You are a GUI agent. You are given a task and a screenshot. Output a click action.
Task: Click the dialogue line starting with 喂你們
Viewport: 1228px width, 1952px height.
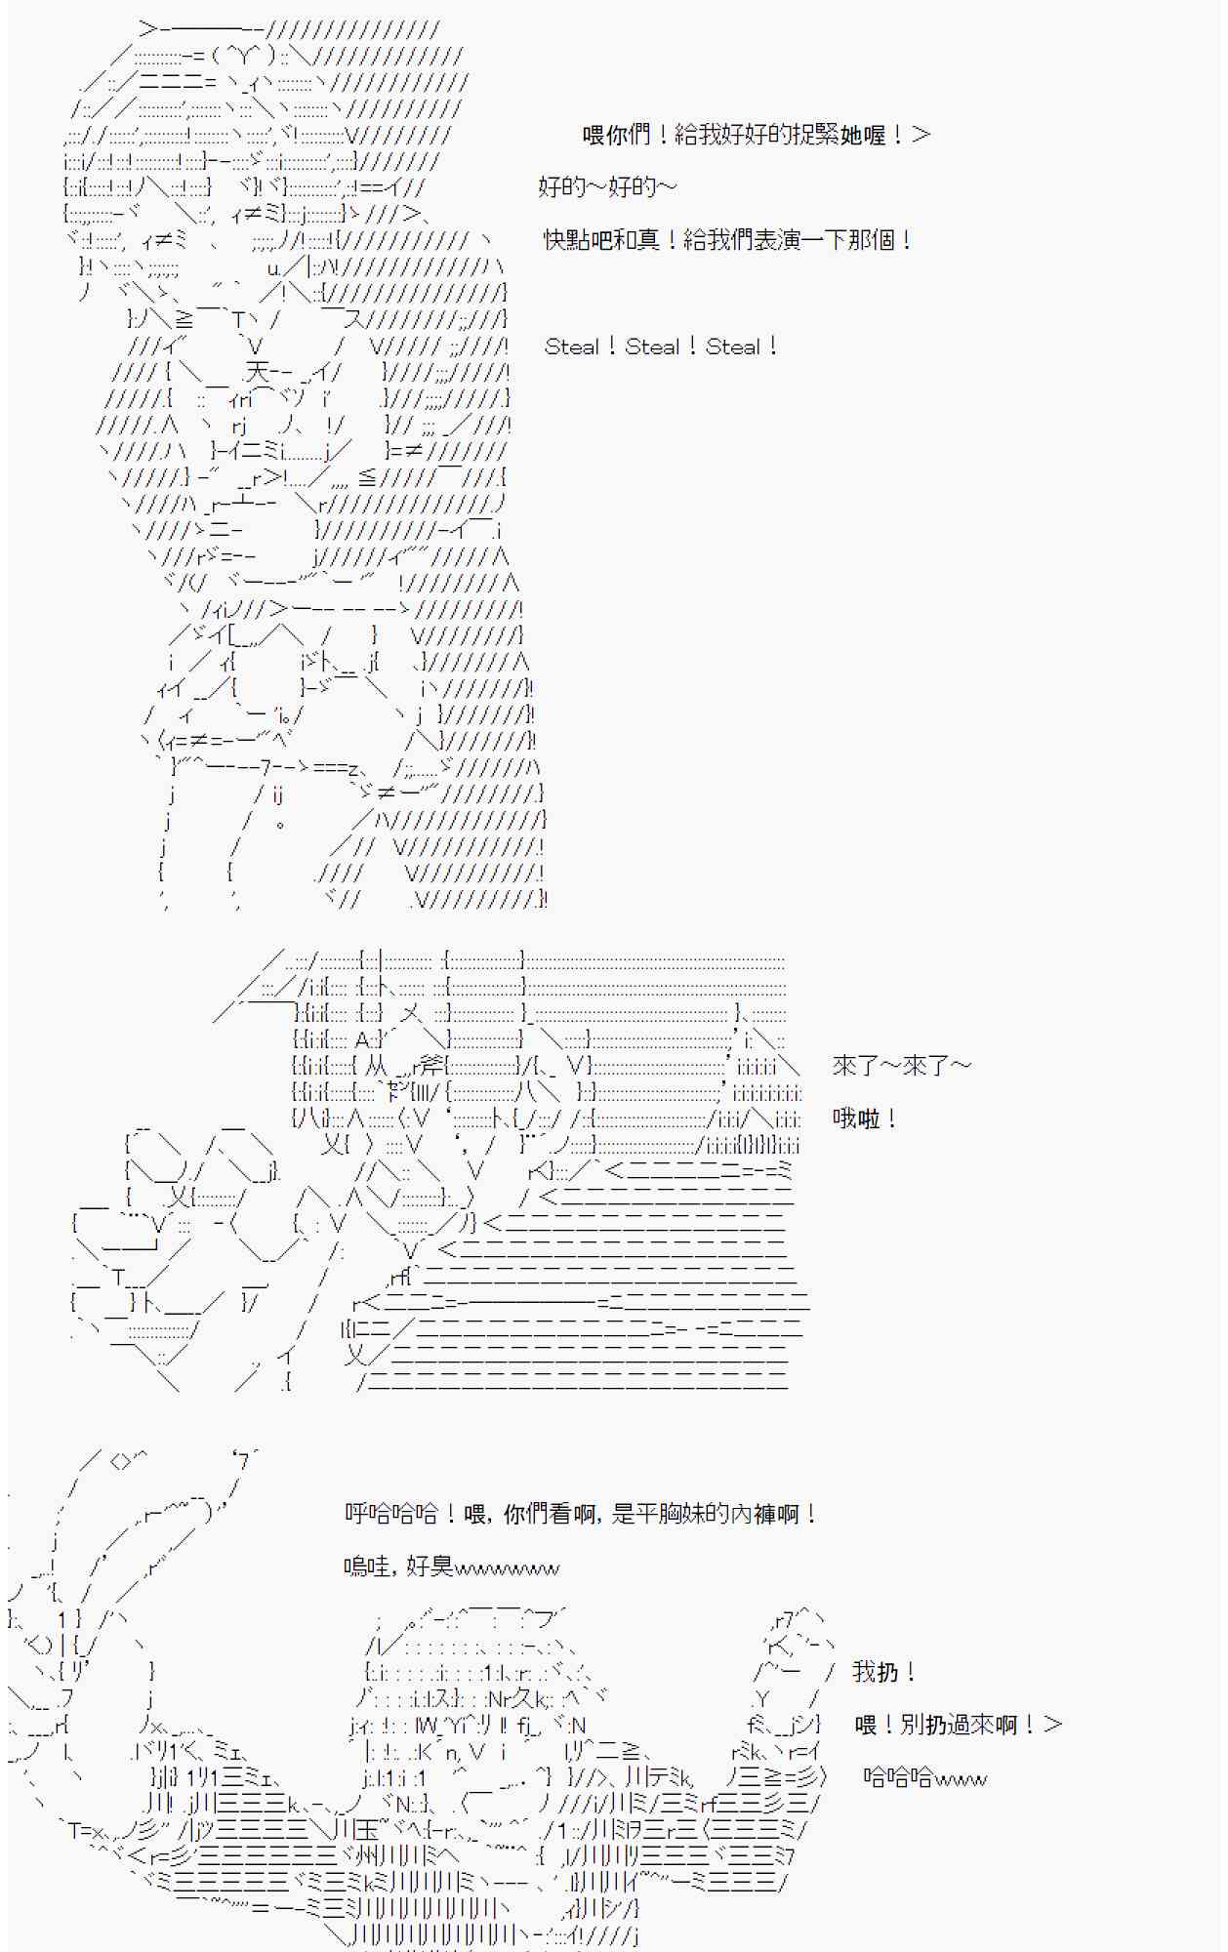(x=756, y=135)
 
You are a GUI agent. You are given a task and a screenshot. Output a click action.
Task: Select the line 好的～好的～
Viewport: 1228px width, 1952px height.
(x=606, y=186)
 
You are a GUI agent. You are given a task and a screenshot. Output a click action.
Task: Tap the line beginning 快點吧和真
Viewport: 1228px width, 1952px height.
(x=728, y=239)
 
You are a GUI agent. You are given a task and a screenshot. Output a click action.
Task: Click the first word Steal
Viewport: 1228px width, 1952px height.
(x=572, y=346)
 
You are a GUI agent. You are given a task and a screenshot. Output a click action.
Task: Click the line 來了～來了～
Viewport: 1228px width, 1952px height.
(x=901, y=1066)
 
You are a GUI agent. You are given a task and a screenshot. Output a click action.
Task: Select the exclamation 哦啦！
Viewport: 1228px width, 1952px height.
(x=865, y=1118)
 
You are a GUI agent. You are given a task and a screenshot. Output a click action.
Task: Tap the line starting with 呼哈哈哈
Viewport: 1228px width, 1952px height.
(x=582, y=1514)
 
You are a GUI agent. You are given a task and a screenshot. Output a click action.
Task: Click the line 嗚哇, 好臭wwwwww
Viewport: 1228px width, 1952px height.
(x=451, y=1567)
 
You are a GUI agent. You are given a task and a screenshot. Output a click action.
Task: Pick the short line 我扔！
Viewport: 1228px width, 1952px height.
(x=884, y=1672)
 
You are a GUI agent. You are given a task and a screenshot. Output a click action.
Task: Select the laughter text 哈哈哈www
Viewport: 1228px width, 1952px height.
(x=924, y=1777)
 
